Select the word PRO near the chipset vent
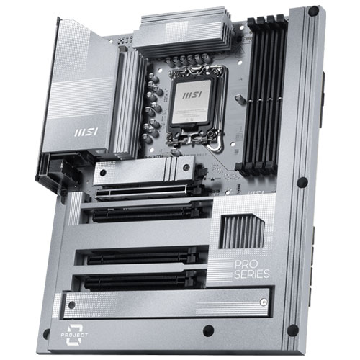point(245,264)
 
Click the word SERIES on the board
point(252,274)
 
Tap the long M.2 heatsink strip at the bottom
point(166,302)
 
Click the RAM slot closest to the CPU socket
point(243,101)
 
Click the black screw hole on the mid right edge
point(302,181)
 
